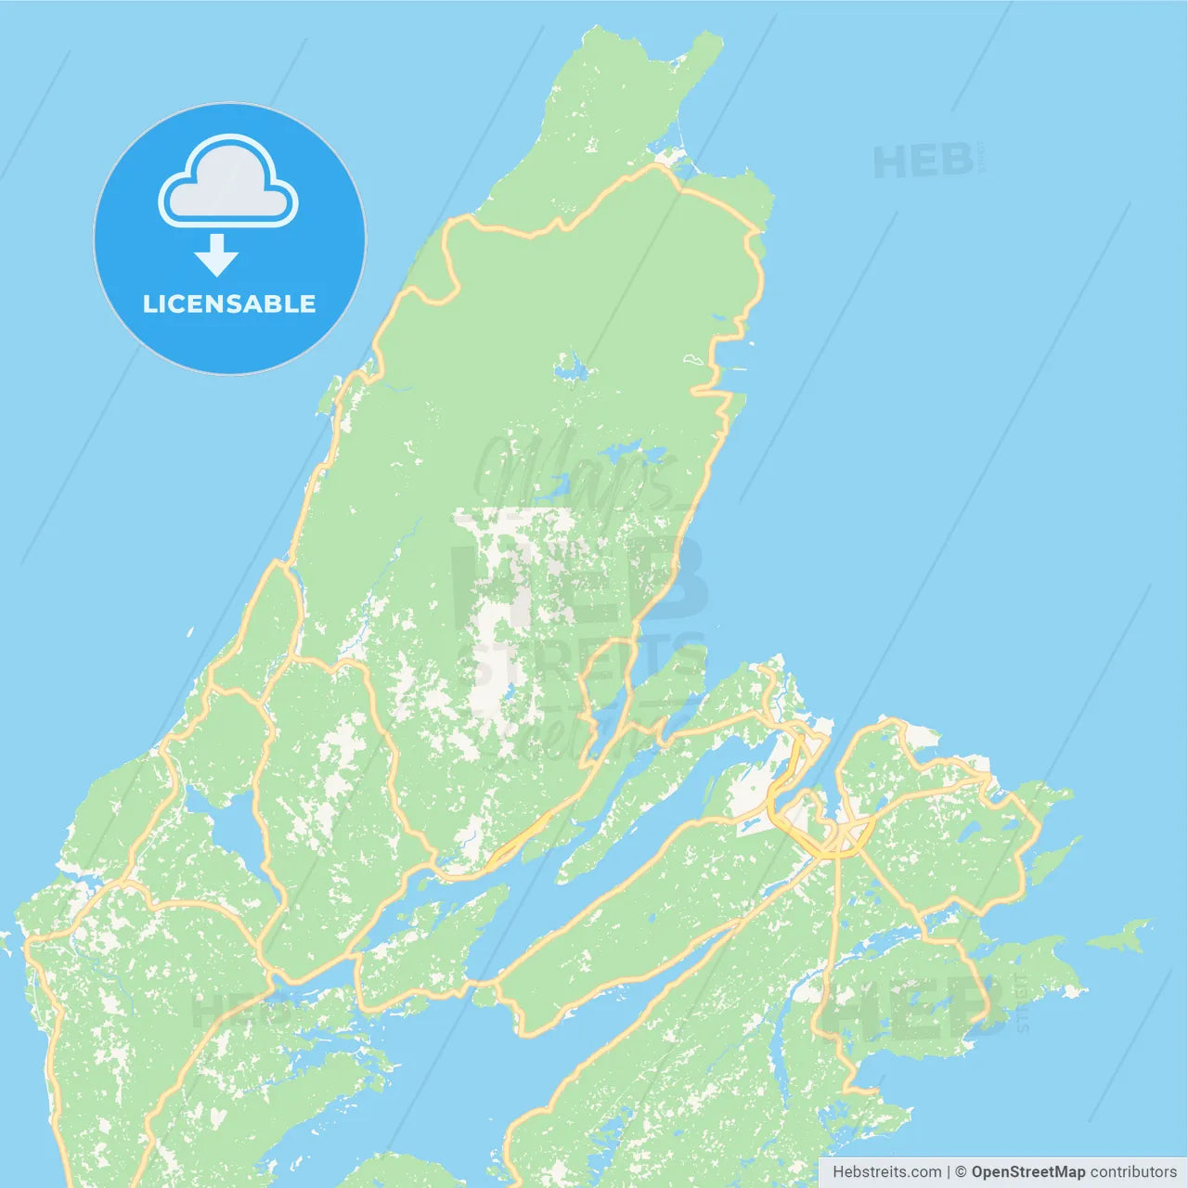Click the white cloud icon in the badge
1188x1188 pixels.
click(x=228, y=182)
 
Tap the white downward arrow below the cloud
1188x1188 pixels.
click(x=216, y=255)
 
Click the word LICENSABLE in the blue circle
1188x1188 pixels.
click(x=229, y=303)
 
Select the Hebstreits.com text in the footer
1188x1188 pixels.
click(x=886, y=1172)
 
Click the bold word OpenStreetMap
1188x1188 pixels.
click(x=1027, y=1172)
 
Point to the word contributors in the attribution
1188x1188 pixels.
click(x=1133, y=1172)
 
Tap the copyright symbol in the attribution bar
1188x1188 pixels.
click(x=961, y=1172)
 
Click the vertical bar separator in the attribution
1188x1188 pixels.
click(x=949, y=1172)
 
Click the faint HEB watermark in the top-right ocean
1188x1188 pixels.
click(x=923, y=162)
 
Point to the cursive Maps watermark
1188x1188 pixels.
click(x=575, y=473)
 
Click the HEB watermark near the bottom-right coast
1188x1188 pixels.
click(x=914, y=1007)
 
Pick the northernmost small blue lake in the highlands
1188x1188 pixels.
click(x=571, y=369)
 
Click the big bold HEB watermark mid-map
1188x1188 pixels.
click(x=580, y=580)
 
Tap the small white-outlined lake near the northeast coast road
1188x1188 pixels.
click(x=693, y=359)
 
